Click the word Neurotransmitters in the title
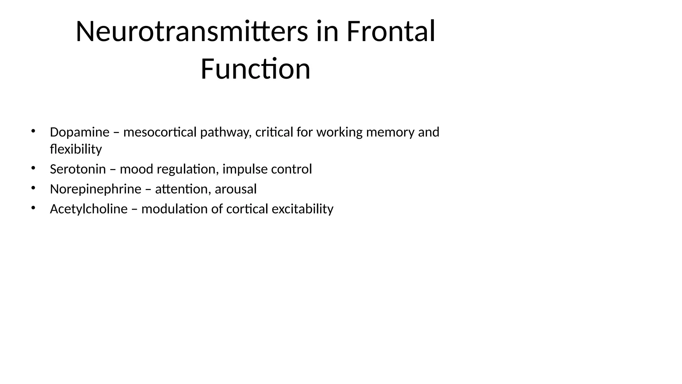(191, 32)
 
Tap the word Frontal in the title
(391, 32)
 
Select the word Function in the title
(255, 69)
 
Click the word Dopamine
(80, 132)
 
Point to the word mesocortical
(160, 132)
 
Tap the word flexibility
(76, 149)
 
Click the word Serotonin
(78, 169)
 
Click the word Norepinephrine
(96, 189)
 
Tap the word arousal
(236, 189)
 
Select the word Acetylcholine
(89, 209)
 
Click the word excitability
(302, 209)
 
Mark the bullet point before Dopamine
(33, 131)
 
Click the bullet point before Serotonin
(33, 168)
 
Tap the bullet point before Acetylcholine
(33, 208)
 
